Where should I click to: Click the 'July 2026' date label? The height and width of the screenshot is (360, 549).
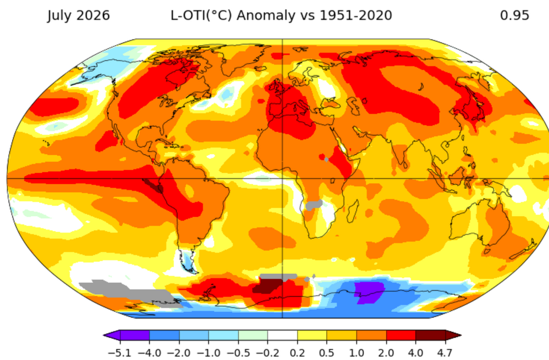coord(79,16)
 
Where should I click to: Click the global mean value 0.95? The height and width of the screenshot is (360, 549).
coord(514,15)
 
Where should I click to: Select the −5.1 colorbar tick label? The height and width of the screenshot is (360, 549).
coord(120,352)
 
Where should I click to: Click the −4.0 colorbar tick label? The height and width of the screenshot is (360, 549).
coord(149,352)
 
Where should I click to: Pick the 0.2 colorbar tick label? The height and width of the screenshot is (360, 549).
coord(297,352)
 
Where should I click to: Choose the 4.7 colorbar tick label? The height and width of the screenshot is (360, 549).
coord(445,352)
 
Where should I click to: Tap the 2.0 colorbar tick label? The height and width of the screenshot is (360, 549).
coord(386,352)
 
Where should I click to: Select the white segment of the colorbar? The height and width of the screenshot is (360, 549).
coord(283,335)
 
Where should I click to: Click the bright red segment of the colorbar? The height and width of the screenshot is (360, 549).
coord(401,335)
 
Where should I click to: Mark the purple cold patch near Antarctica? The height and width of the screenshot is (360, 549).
coord(369,292)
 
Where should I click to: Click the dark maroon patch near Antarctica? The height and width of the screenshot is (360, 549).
coord(267,286)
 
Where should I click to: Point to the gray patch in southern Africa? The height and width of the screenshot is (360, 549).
coord(313,205)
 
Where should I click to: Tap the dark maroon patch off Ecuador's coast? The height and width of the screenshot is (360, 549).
coord(153,185)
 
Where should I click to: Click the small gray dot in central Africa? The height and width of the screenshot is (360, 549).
coord(326,160)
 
